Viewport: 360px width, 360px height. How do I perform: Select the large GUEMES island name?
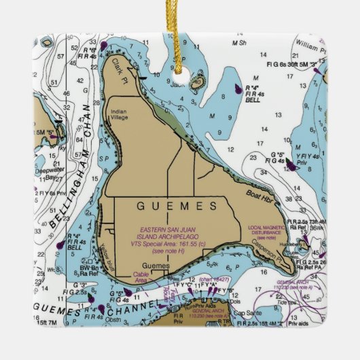177,205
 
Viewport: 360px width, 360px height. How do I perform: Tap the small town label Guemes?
154,266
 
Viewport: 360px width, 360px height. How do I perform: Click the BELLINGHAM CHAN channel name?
70,166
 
